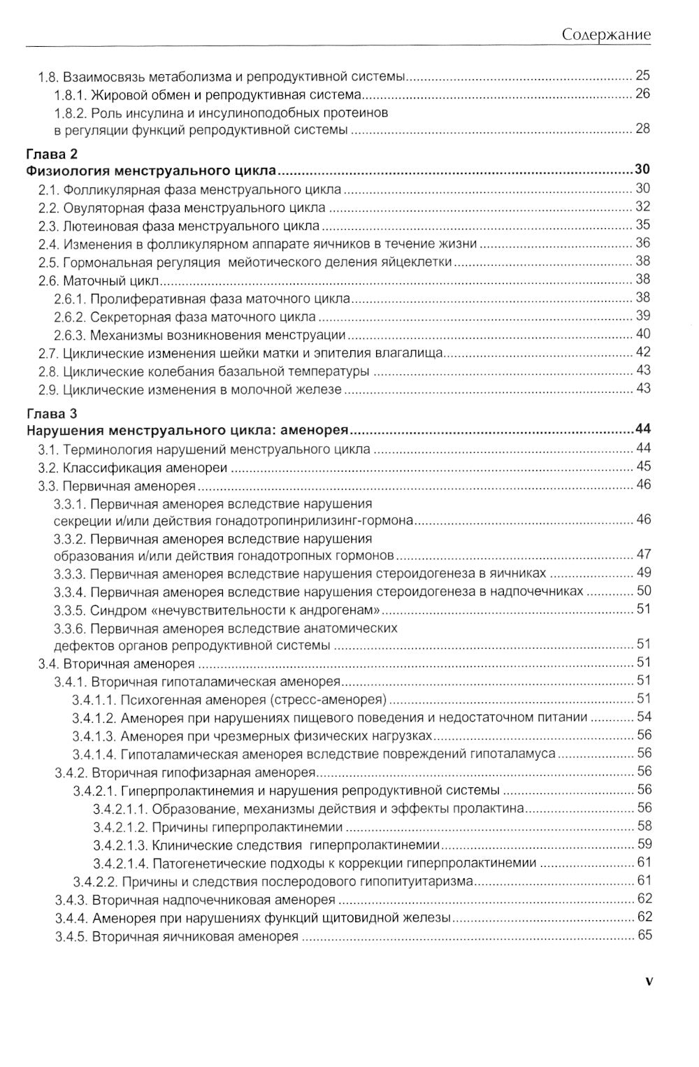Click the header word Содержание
(606, 34)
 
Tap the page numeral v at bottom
(649, 981)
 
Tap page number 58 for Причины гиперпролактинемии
(644, 826)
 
